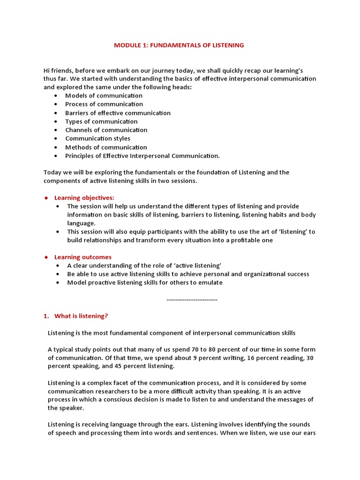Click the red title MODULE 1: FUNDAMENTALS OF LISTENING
tap(180, 45)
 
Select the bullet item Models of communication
tap(104, 96)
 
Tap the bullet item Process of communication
tap(104, 104)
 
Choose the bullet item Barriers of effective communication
tap(118, 113)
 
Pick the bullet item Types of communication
tap(101, 121)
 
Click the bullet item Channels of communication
tap(106, 130)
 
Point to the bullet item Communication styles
tap(97, 138)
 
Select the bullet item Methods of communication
tap(106, 147)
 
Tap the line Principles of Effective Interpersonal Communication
tap(142, 156)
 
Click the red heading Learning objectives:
tap(84, 198)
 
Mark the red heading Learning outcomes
tap(83, 257)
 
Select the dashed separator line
tap(192, 299)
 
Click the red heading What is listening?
tap(81, 316)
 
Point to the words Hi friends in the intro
tap(58, 70)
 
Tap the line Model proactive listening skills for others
tap(145, 283)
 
